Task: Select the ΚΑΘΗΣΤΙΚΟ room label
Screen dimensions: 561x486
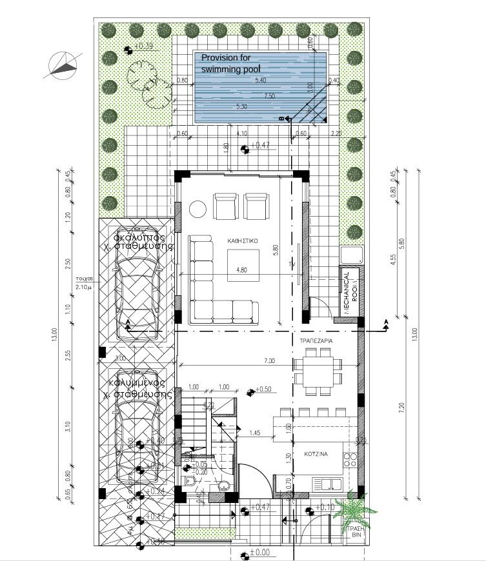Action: (x=243, y=240)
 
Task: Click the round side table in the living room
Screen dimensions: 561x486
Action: (x=197, y=208)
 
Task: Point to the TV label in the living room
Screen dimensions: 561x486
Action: (x=292, y=265)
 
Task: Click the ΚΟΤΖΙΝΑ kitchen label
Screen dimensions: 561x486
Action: (x=316, y=454)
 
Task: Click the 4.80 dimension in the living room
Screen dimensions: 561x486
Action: (x=241, y=270)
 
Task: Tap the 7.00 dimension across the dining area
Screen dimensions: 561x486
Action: (x=268, y=360)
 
